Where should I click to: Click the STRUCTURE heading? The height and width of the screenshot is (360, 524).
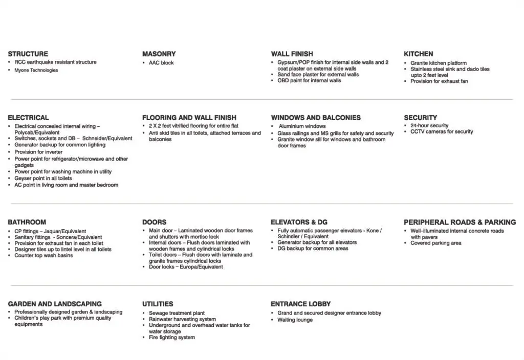[28, 54]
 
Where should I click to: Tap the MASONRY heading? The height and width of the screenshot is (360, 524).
[159, 54]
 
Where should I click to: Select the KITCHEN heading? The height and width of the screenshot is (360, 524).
[418, 54]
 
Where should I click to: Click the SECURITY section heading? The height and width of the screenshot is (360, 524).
[420, 118]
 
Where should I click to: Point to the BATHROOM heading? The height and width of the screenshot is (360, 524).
[27, 222]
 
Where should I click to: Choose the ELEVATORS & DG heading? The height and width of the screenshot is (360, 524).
[299, 222]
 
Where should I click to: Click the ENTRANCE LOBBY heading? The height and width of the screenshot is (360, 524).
[300, 304]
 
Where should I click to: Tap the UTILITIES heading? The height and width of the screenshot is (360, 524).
[158, 304]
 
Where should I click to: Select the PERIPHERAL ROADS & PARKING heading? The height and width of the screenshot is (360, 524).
[460, 222]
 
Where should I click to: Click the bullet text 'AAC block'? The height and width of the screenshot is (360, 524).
[161, 63]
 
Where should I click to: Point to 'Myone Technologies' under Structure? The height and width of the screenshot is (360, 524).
[36, 71]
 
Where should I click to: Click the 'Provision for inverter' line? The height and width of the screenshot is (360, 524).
[38, 152]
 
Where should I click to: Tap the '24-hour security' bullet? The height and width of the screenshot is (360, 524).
[429, 125]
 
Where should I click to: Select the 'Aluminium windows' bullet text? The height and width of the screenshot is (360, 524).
[302, 126]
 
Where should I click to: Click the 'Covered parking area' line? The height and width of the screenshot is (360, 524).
[435, 243]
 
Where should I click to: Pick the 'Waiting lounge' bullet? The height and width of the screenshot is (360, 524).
[295, 320]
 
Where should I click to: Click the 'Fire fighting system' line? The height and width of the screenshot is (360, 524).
[171, 337]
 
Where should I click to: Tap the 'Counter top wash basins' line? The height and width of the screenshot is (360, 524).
[43, 256]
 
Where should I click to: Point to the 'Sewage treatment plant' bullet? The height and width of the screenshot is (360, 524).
[177, 313]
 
